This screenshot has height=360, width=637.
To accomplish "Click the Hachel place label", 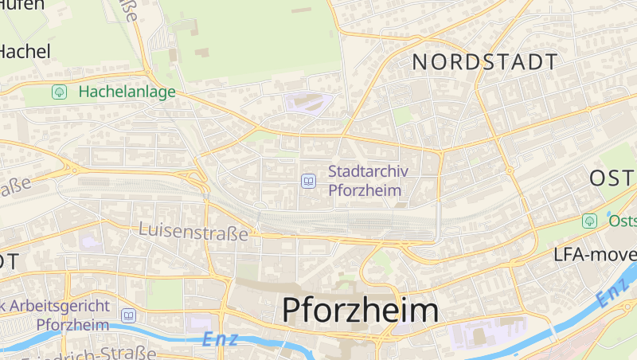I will pos(25,52).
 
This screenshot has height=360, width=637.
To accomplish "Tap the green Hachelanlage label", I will pos(127,92).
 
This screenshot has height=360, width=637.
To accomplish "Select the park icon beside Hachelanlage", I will pos(59,92).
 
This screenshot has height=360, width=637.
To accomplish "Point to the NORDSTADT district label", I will pos(484,62).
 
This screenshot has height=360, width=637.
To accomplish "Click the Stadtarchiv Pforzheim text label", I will pos(365,181).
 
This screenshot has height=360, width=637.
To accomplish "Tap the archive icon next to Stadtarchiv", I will pos(308,182).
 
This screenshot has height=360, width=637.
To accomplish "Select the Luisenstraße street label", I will pos(193,231).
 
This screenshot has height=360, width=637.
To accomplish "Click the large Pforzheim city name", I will pos(360,311).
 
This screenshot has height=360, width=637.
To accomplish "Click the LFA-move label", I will pos(595,255).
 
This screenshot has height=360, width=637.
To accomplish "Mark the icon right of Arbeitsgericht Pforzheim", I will pos(127,315).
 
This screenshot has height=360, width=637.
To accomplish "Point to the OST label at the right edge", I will pos(612,178).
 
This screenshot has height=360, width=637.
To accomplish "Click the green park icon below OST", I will pos(589,221).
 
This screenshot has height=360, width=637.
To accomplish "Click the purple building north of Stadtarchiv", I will pos(308,103).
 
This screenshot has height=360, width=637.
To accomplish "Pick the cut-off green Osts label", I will pos(622,221).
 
